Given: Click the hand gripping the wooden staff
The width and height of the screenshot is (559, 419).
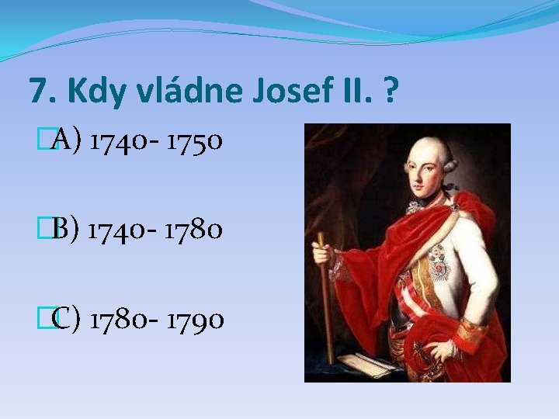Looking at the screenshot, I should coord(322,255).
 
